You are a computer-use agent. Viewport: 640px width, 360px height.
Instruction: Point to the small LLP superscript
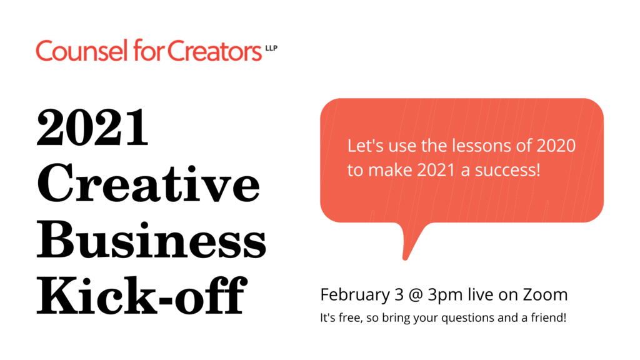(x=271, y=45)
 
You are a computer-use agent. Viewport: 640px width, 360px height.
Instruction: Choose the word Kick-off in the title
(x=139, y=299)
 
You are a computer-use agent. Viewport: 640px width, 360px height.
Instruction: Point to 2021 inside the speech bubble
(x=433, y=170)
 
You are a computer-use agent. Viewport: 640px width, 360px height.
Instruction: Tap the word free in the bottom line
(x=344, y=317)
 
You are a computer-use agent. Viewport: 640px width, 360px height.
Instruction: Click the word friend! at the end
(x=548, y=317)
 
